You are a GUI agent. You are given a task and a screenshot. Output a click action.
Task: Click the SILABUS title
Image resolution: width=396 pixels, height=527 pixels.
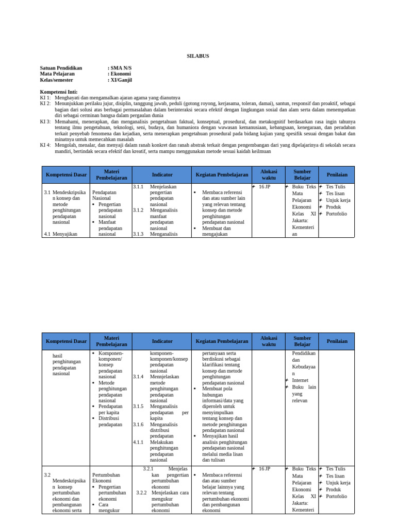(197, 56)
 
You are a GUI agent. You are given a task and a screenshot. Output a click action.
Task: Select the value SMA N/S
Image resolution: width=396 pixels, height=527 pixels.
(121, 68)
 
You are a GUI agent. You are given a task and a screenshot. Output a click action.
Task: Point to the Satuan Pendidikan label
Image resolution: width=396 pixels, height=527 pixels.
(61, 68)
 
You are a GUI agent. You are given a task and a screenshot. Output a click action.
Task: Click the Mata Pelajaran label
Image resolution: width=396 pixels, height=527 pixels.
(57, 74)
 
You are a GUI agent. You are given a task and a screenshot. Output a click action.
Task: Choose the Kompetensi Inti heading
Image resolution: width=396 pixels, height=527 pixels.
(58, 92)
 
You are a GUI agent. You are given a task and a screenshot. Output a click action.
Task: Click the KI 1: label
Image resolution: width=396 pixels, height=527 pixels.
(45, 98)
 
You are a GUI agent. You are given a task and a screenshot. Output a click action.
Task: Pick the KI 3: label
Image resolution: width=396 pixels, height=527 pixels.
(45, 121)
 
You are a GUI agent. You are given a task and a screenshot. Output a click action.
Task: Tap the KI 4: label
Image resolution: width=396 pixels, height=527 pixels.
(45, 145)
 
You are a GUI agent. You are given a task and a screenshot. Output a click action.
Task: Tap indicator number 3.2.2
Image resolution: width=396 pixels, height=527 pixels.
(142, 493)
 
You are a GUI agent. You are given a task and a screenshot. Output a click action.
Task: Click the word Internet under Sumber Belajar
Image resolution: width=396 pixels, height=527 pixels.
(300, 380)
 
